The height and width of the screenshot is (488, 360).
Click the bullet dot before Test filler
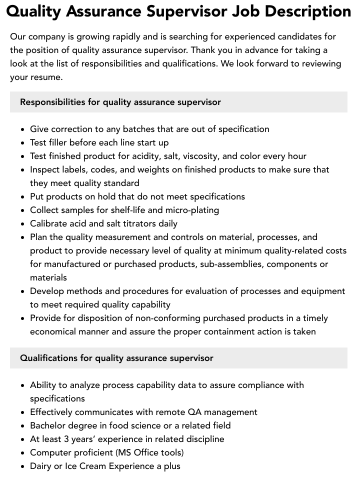click(x=23, y=143)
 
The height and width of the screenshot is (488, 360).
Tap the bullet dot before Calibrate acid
click(x=23, y=224)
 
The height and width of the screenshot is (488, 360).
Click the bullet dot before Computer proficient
click(x=23, y=453)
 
